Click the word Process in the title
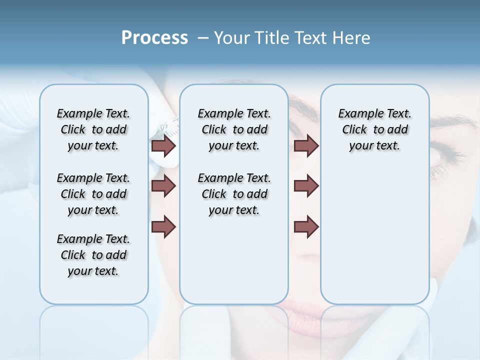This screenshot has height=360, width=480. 154,38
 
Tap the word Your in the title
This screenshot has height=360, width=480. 232,38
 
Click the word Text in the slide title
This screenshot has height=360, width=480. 311,38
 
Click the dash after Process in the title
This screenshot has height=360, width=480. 203,38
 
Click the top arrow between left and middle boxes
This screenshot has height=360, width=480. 163,145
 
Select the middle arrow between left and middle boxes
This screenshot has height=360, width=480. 163,186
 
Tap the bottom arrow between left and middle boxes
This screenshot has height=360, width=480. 163,226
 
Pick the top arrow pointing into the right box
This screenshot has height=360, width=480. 306,145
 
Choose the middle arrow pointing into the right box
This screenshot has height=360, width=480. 306,186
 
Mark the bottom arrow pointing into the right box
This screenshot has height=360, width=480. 306,226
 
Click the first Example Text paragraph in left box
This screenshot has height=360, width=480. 93,129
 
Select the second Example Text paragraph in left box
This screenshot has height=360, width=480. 93,194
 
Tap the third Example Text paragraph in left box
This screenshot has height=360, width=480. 93,255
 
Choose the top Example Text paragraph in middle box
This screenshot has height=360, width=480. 234,129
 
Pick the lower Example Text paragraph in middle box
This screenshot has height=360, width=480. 234,194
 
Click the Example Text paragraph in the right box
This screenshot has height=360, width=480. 374,129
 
